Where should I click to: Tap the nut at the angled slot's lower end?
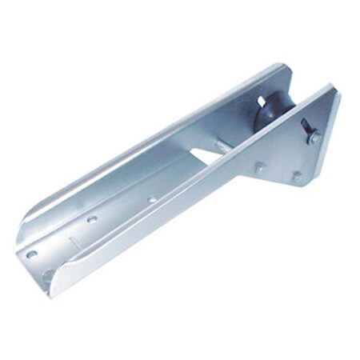pyautogui.click(x=314, y=138)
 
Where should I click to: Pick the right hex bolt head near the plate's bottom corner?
pyautogui.click(x=298, y=177)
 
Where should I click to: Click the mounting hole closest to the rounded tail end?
pyautogui.click(x=32, y=254)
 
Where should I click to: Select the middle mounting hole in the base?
pyautogui.click(x=92, y=218)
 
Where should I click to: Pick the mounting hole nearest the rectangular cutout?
pyautogui.click(x=152, y=198)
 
